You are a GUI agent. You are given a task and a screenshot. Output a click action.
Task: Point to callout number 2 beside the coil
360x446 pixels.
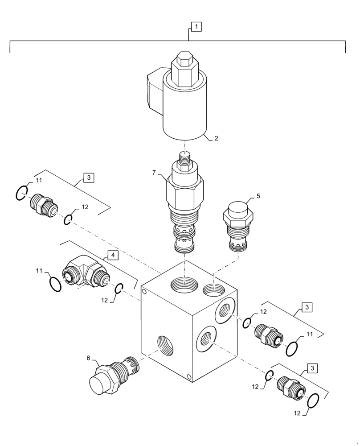pyautogui.click(x=216, y=138)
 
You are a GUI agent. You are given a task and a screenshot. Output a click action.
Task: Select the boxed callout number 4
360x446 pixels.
pyautogui.click(x=113, y=255)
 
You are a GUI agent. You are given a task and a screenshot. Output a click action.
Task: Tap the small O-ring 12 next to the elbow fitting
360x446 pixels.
pyautogui.click(x=119, y=289)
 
